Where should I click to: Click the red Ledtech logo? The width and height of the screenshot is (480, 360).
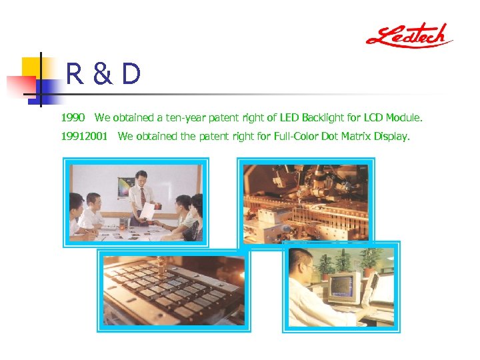coord(409,35)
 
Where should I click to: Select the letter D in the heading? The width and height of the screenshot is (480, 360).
coord(131,75)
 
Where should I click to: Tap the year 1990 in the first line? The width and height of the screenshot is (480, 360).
coord(73,118)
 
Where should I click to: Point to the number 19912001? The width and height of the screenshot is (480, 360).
coord(84,137)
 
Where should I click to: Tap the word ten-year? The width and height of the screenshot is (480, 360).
coord(186,118)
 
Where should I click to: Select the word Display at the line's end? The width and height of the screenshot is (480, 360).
coord(392,137)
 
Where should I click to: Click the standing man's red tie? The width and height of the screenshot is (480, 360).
coord(142,197)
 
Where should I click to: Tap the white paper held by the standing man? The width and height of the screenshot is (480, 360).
coord(147,211)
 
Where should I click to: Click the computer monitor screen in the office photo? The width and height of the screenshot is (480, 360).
coord(343,285)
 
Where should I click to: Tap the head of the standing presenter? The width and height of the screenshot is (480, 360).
coord(141,178)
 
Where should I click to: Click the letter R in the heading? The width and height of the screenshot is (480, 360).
coord(75,75)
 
